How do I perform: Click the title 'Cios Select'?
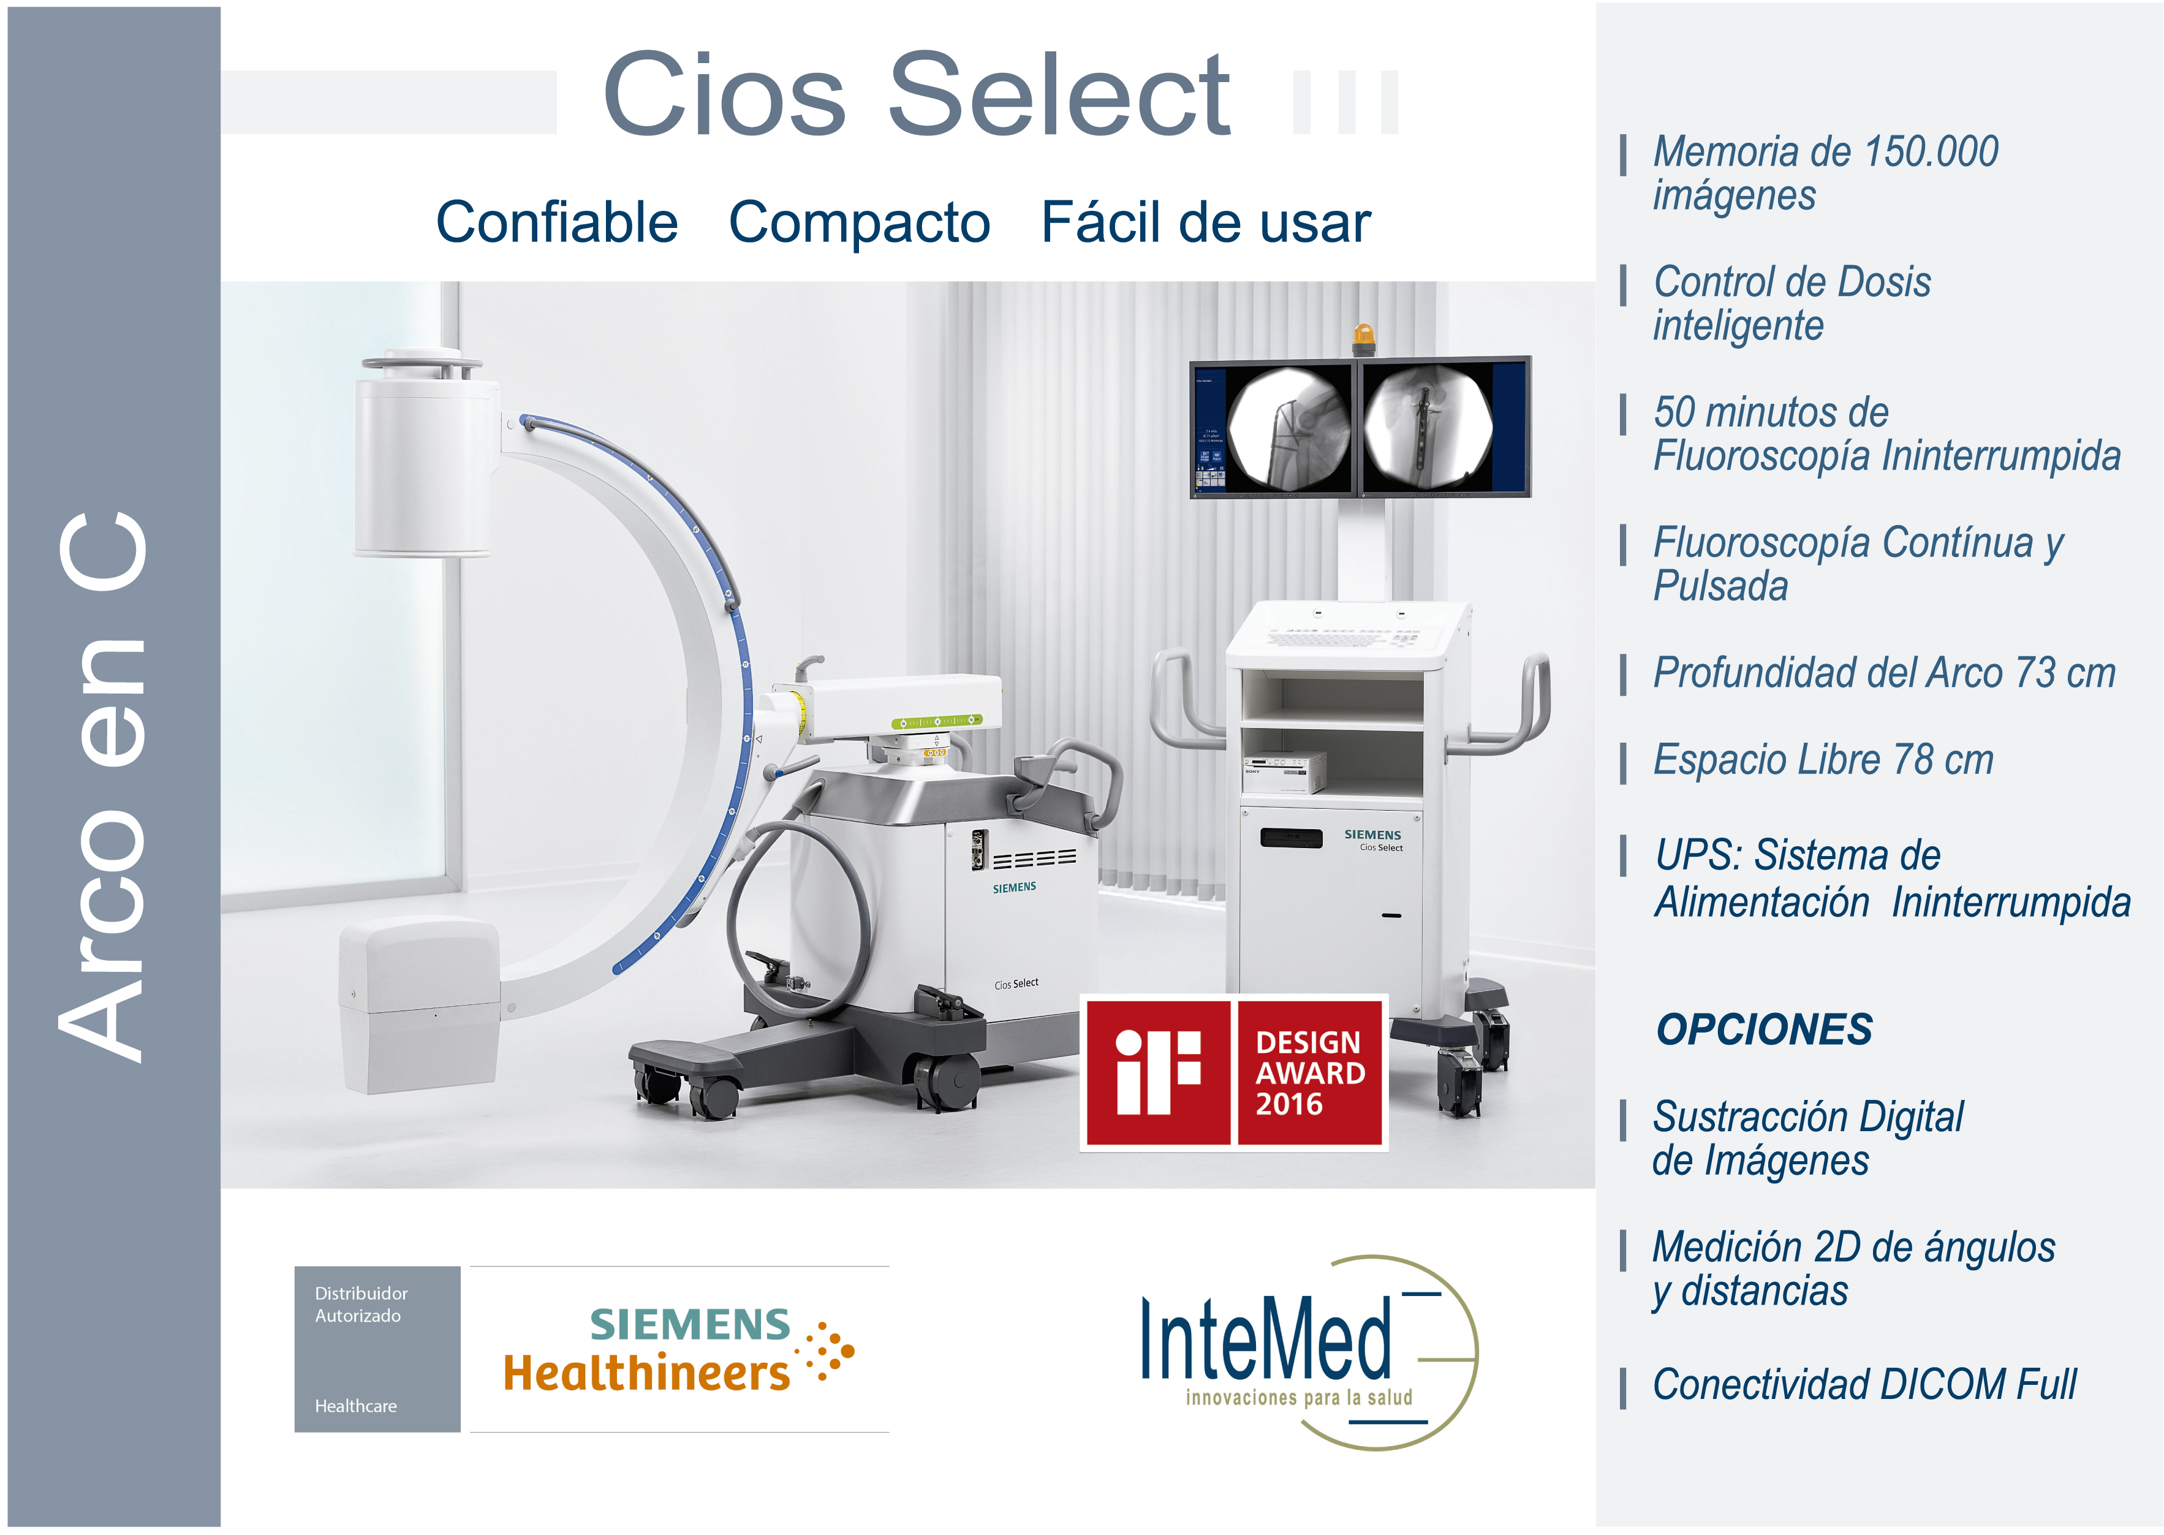pos(916,94)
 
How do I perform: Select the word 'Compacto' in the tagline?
pos(859,223)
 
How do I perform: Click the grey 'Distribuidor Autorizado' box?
pos(377,1349)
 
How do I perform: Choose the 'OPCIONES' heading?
pos(1763,1029)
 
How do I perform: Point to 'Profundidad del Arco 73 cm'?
pos(1883,673)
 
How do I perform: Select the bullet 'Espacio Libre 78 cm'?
pos(1822,760)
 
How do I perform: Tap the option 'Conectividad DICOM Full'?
pos(1864,1385)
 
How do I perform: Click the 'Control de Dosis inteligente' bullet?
pos(1791,303)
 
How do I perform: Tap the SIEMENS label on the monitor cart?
pos(1372,835)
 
